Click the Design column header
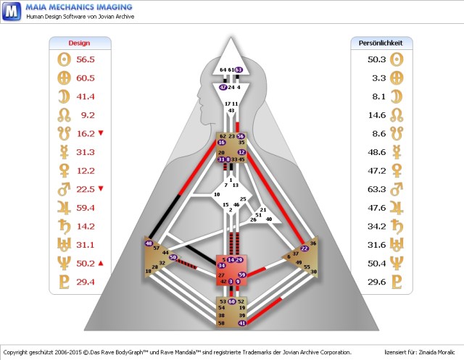pos(79,43)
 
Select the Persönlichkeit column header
pos(381,43)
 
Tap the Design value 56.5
pos(86,59)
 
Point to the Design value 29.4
pos(86,282)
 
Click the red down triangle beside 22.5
pos(101,189)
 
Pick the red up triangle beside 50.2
pos(101,263)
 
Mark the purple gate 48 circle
pos(149,244)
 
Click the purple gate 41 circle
pos(242,322)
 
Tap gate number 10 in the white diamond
pos(215,195)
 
